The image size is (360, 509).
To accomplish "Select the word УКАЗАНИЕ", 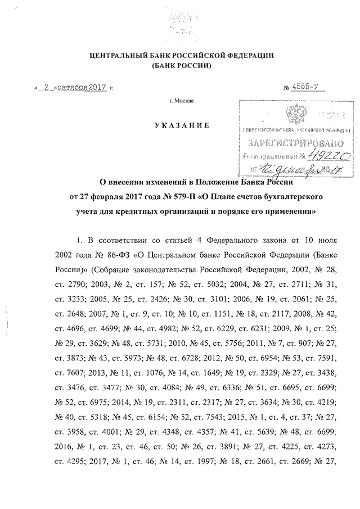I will pyautogui.click(x=183, y=125).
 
